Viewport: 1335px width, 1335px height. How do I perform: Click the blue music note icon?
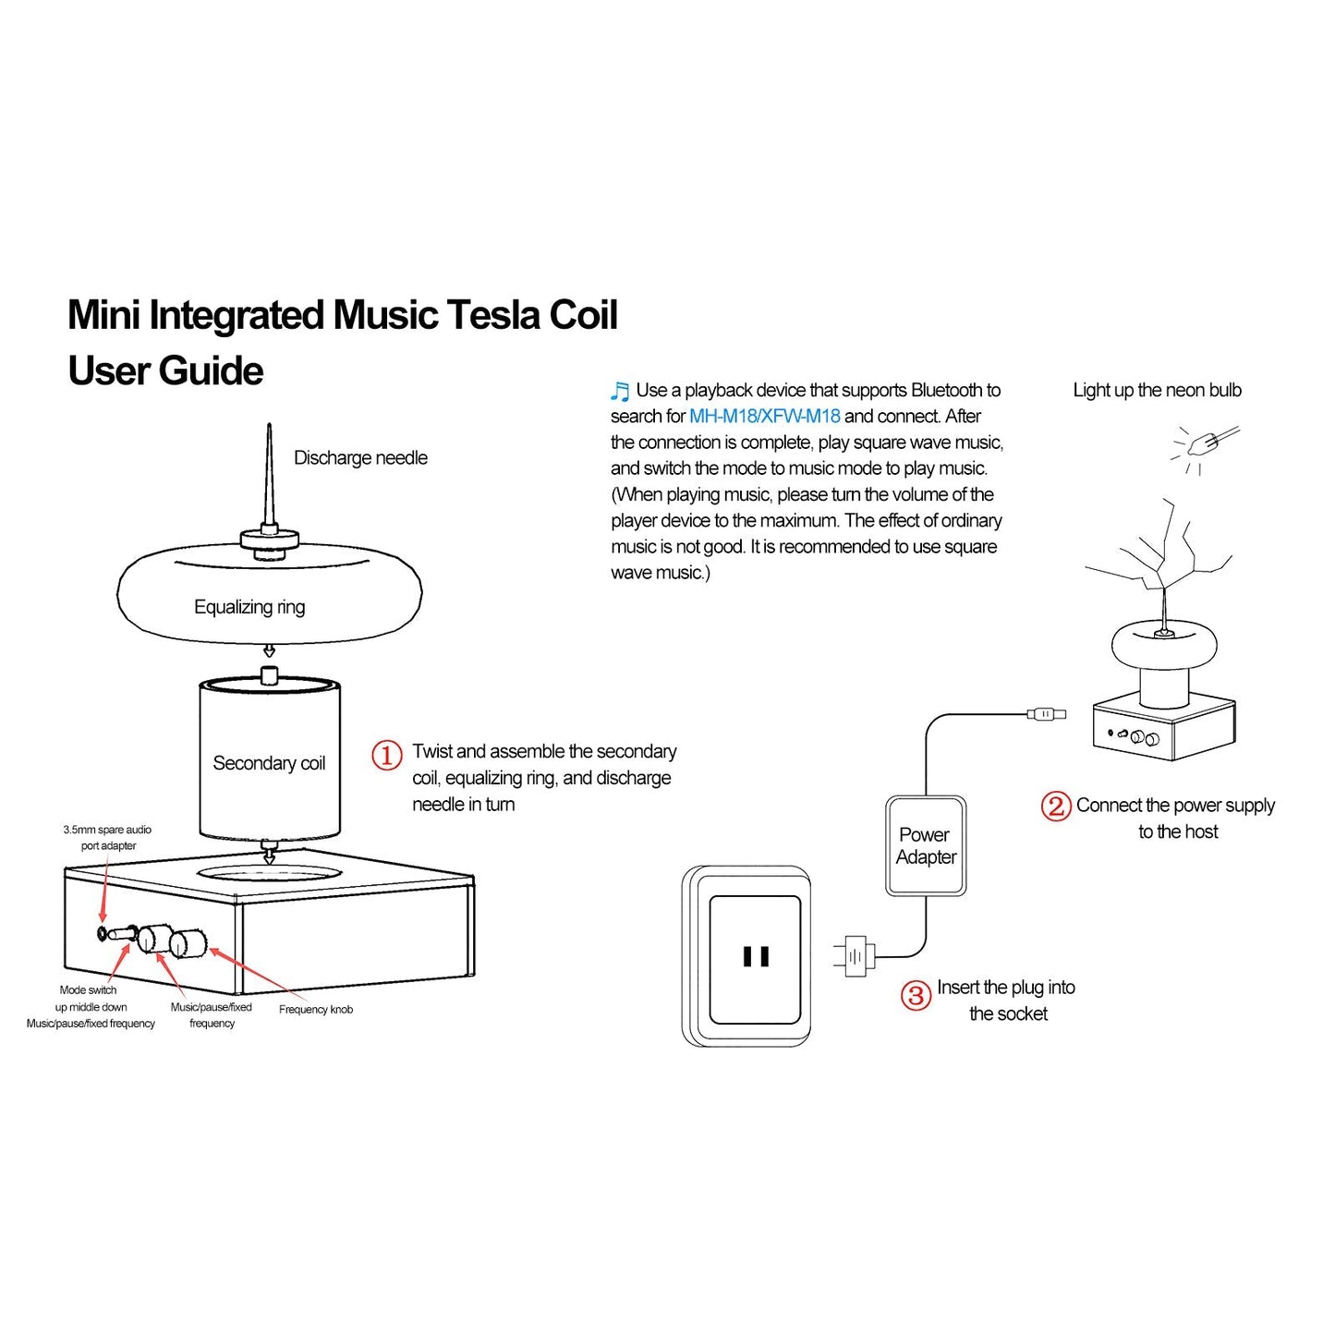[x=620, y=392]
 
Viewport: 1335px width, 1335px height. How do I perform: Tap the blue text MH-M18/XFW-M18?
[x=764, y=417]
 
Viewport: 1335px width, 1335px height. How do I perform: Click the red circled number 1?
[x=387, y=755]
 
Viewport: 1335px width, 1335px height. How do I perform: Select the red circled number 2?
[x=1056, y=806]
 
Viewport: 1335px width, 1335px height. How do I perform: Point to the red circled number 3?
[x=916, y=995]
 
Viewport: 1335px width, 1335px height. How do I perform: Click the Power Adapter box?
[x=926, y=846]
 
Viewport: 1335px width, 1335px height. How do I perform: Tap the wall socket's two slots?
[x=756, y=956]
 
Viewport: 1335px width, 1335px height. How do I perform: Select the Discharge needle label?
[x=360, y=458]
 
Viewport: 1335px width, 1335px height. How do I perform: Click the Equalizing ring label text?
[x=249, y=607]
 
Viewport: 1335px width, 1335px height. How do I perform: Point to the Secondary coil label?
[x=269, y=763]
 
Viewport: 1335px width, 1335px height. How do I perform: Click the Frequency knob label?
[x=316, y=1009]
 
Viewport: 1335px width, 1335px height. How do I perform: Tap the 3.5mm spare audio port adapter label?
[x=107, y=837]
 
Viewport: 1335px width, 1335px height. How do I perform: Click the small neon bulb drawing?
[x=1204, y=445]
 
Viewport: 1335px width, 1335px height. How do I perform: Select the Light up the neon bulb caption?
[x=1157, y=390]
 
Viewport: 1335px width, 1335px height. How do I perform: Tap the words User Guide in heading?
[x=165, y=371]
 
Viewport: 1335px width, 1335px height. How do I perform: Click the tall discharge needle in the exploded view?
[x=269, y=476]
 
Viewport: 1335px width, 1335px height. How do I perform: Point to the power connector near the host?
[x=1046, y=714]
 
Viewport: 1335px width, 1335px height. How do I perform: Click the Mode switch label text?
[x=88, y=989]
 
